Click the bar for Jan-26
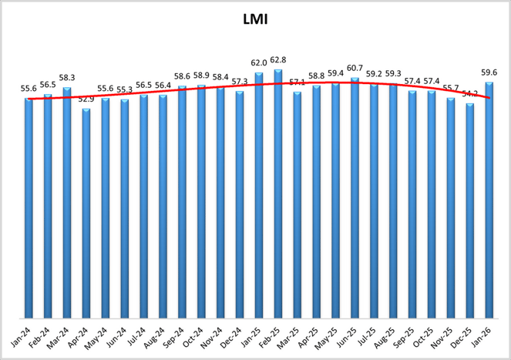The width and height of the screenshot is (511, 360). tap(489, 200)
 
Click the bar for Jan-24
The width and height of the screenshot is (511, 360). tap(29, 208)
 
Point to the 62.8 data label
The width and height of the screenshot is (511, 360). tap(278, 60)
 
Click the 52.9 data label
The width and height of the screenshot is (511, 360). tap(86, 99)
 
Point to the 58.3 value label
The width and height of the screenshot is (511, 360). tap(67, 78)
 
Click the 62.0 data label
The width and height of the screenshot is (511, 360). tap(258, 63)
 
